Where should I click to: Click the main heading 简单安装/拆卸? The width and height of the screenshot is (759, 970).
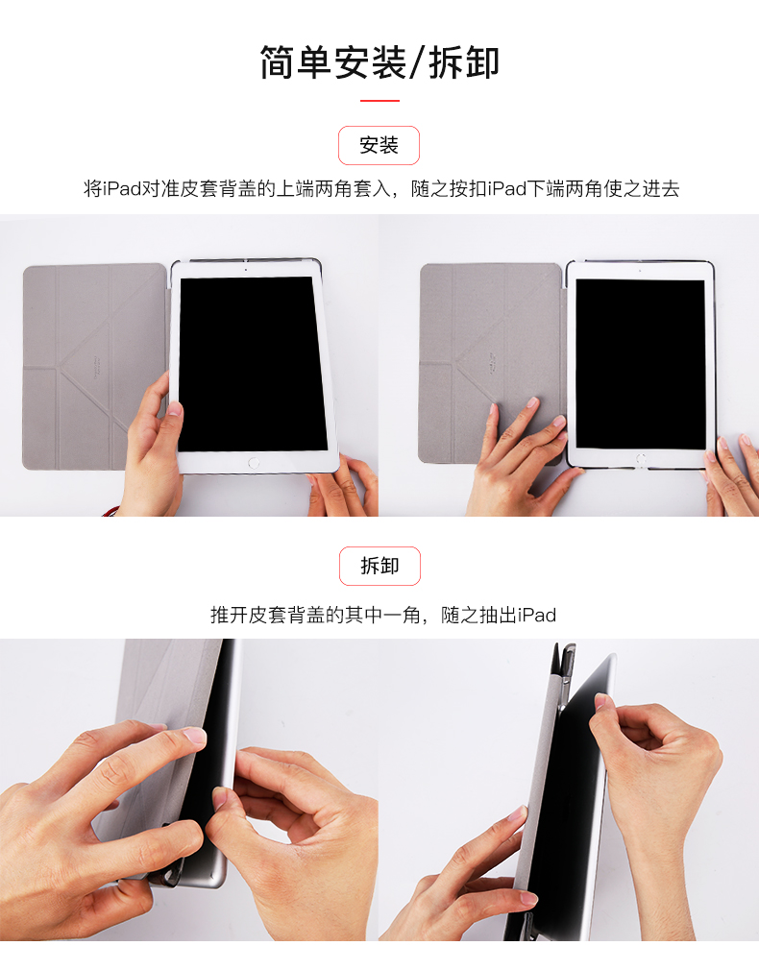(379, 62)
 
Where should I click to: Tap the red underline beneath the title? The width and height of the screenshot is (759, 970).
(379, 100)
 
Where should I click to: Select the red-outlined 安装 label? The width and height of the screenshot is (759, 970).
(379, 145)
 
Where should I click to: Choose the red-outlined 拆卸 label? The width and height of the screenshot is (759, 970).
(379, 566)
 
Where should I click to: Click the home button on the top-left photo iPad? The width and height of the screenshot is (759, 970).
(254, 462)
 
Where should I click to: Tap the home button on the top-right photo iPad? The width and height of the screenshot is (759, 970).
(641, 459)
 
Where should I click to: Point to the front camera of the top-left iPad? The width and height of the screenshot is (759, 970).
(246, 270)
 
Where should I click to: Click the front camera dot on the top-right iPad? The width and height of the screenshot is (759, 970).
(640, 270)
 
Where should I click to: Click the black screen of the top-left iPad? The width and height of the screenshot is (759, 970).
(252, 364)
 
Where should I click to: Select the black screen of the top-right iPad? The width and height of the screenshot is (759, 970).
(641, 364)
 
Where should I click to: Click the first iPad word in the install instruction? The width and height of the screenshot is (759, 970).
(122, 188)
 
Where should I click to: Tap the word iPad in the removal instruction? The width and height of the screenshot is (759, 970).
(537, 615)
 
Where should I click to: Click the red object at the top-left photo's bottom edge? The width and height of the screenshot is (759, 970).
(111, 511)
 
